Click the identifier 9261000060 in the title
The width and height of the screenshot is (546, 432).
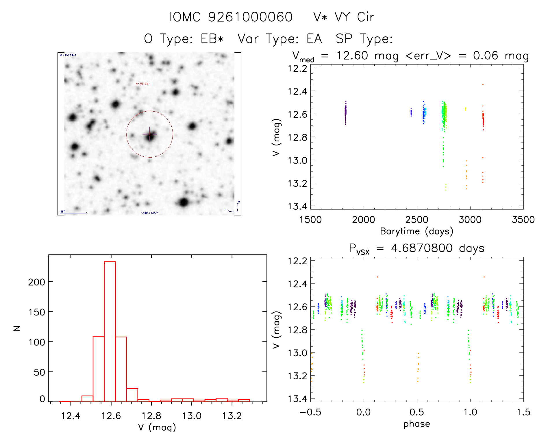(x=250, y=17)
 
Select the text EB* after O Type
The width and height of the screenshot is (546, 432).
(x=212, y=38)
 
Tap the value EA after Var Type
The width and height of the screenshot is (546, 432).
(x=314, y=38)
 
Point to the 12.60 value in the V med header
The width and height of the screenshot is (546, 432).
(x=352, y=56)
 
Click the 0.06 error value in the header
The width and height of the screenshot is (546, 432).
(x=486, y=56)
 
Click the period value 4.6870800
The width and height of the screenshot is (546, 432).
(x=422, y=248)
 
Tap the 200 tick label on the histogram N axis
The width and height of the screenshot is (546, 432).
(x=36, y=282)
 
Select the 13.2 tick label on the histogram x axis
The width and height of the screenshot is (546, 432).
(x=232, y=416)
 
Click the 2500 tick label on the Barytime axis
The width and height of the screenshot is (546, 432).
(x=417, y=220)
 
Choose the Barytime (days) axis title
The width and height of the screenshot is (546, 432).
(x=417, y=231)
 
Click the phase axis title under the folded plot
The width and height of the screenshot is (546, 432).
(x=417, y=424)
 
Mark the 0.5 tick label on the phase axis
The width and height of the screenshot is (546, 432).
(x=417, y=412)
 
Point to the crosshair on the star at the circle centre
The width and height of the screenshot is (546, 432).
(x=149, y=134)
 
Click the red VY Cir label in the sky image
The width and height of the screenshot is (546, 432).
(x=142, y=84)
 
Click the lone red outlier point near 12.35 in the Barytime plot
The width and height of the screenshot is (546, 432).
(x=483, y=84)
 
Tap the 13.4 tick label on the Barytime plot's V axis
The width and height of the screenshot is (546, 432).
(x=297, y=206)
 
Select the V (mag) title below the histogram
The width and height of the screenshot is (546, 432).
(x=157, y=427)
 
